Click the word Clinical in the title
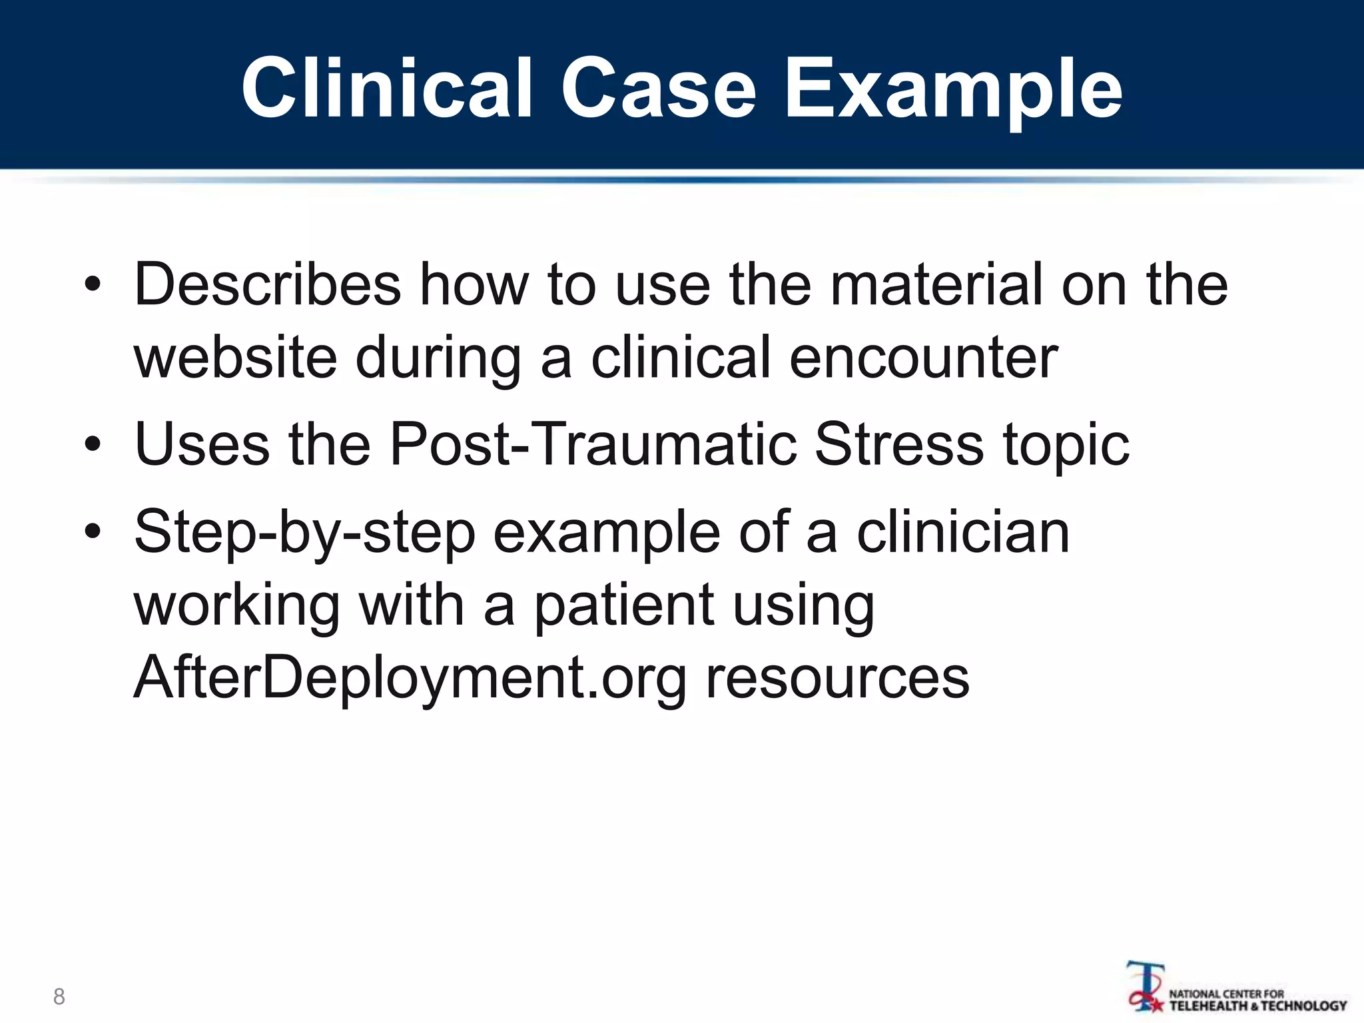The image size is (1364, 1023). [x=386, y=88]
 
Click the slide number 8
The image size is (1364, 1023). [x=59, y=996]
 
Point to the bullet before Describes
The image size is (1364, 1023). [x=93, y=286]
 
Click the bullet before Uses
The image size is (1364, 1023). [x=93, y=444]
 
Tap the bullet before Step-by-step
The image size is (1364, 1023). [x=93, y=531]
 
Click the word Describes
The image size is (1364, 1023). [x=267, y=284]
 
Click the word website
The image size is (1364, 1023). [x=235, y=358]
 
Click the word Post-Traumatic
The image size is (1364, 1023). [x=593, y=444]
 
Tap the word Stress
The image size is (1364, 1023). [x=898, y=444]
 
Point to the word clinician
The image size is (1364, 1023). [x=962, y=531]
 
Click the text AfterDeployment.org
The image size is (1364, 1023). [x=410, y=678]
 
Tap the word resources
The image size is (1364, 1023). [x=837, y=678]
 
